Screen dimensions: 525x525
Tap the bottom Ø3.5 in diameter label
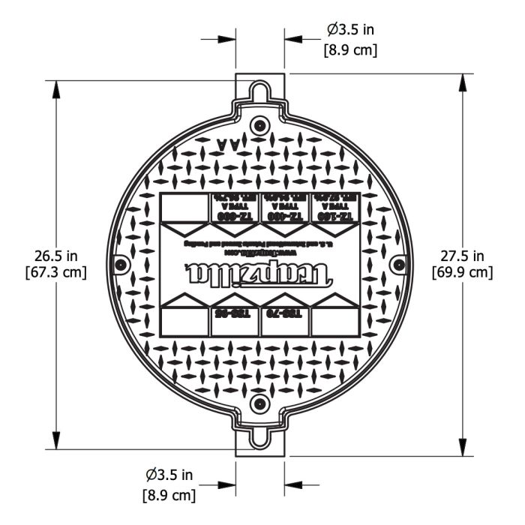[x=169, y=475]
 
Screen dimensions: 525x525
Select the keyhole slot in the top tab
[x=259, y=91]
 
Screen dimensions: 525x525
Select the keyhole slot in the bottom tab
[x=259, y=437]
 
